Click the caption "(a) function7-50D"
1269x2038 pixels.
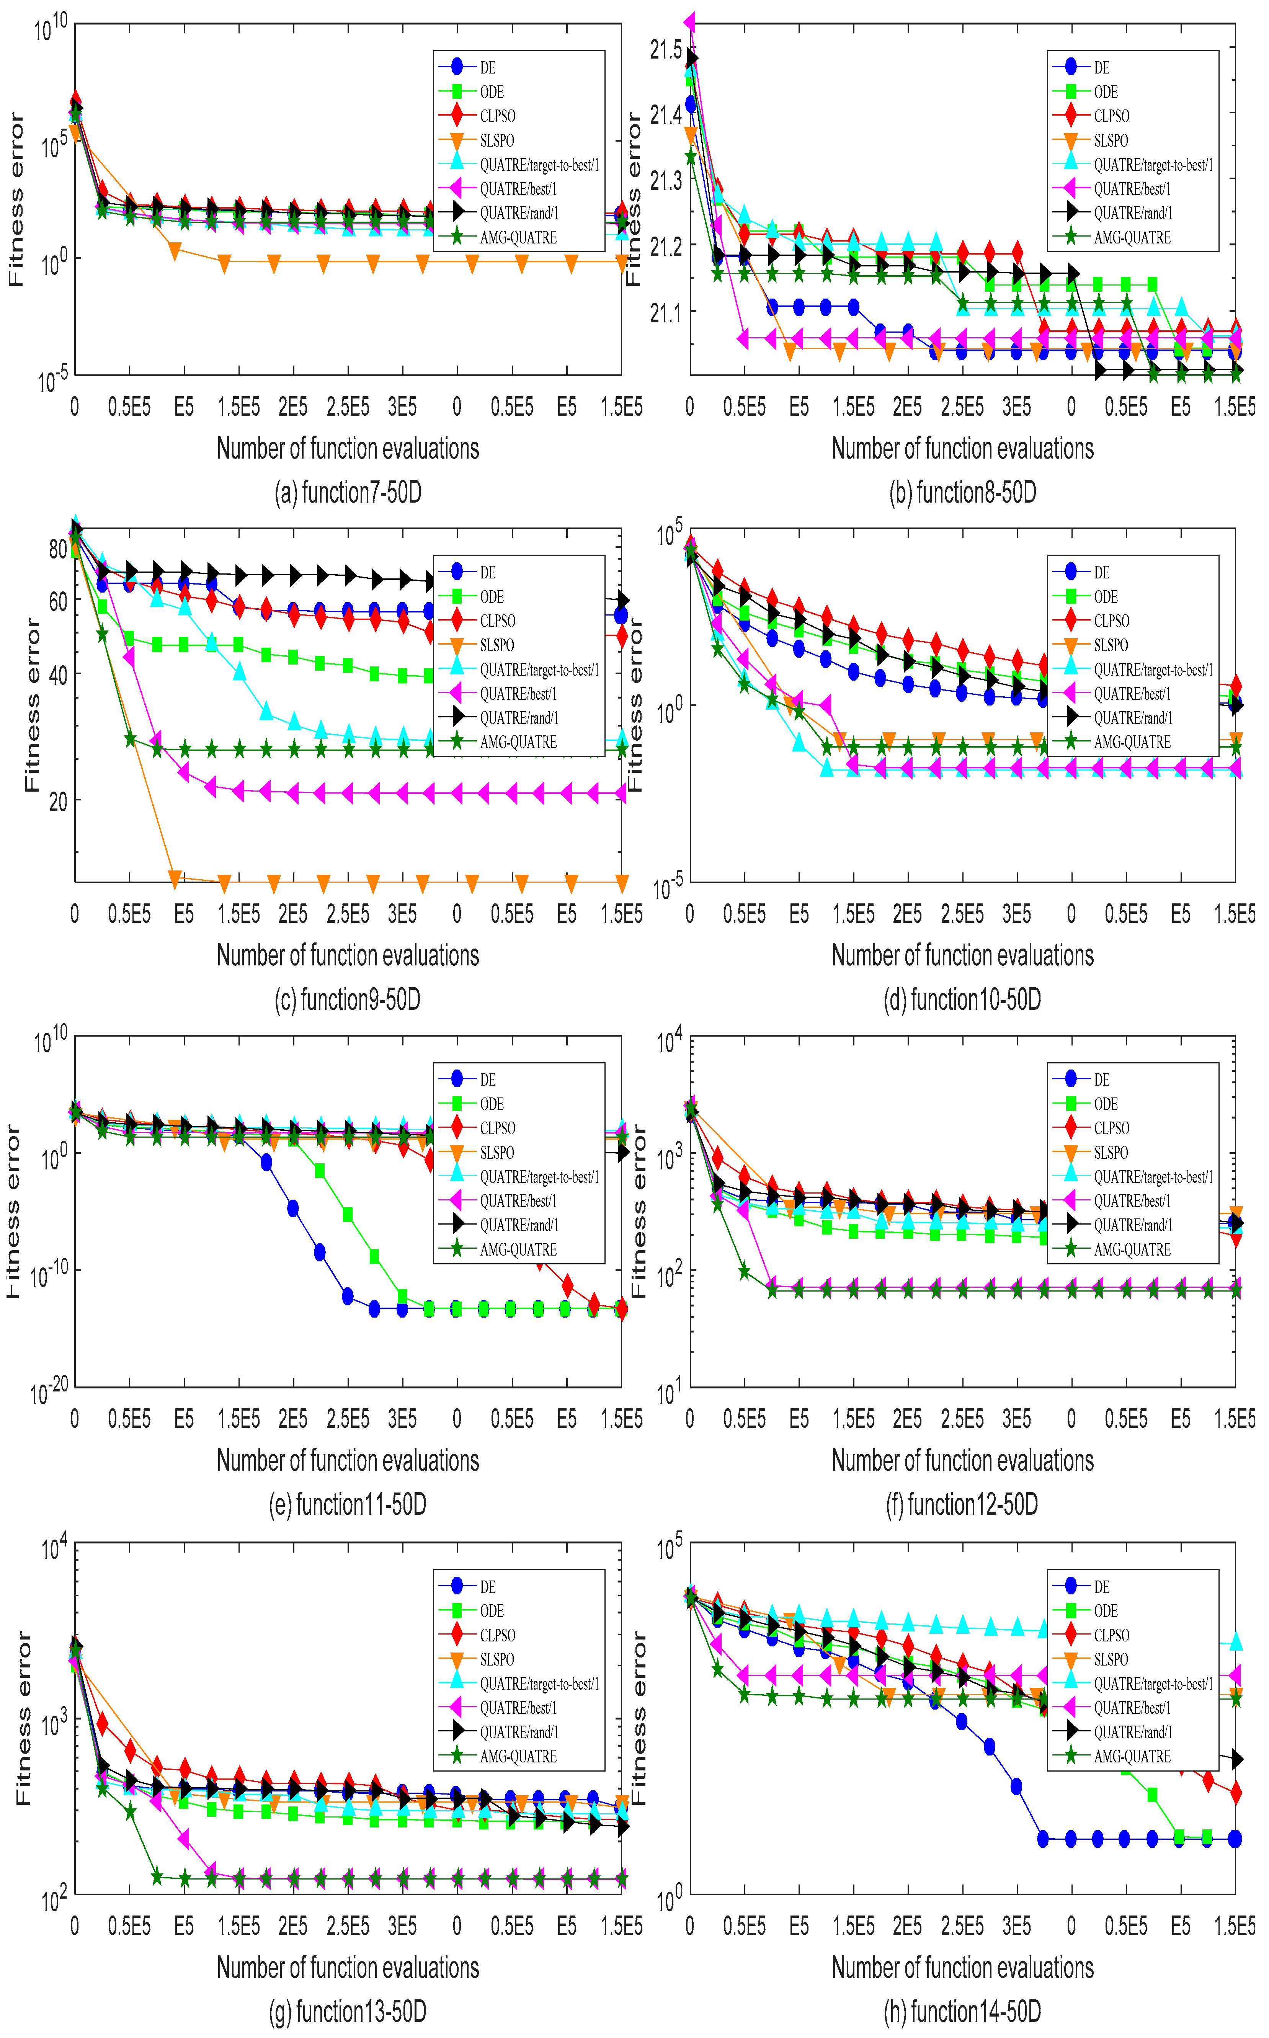348,493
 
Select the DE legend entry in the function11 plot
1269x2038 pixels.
488,1080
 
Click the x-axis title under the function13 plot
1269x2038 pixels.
348,1968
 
